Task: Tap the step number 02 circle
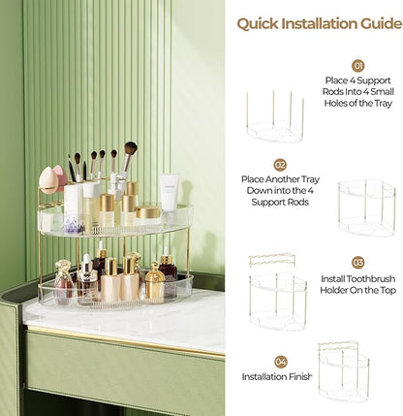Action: pos(280,165)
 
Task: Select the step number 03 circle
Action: pos(357,262)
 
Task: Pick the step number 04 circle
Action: pos(280,362)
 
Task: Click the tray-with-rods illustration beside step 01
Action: pos(274,118)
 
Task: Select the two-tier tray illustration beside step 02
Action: pos(366,208)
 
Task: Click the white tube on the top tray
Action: pos(170,193)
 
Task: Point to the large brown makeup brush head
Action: pos(130,149)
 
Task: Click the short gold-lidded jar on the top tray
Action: pos(147,212)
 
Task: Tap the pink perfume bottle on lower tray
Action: pos(63,286)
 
